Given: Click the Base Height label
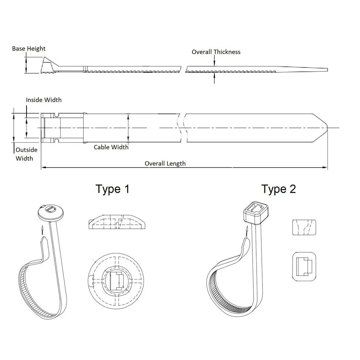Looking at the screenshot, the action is tap(29, 49).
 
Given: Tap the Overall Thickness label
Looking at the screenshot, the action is tap(216, 52).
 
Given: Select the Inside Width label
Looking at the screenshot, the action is tap(44, 100).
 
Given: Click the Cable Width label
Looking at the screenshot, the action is tap(111, 147).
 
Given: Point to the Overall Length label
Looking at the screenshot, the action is tap(165, 163).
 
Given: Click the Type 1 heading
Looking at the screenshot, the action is tap(113, 189).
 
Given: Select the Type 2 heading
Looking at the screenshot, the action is tap(279, 189).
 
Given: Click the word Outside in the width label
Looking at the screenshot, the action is tap(27, 150).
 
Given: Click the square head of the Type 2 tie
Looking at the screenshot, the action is tap(256, 212).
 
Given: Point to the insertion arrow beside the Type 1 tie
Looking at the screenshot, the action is tap(42, 230).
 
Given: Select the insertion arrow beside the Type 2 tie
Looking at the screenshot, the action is tap(247, 231).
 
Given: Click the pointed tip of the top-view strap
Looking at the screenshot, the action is tap(327, 128).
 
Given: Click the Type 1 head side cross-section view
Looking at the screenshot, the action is tap(117, 222).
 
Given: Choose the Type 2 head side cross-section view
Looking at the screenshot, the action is tap(304, 227).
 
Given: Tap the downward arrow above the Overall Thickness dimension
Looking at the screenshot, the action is tap(214, 61).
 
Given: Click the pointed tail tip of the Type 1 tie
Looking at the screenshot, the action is tap(44, 238).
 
